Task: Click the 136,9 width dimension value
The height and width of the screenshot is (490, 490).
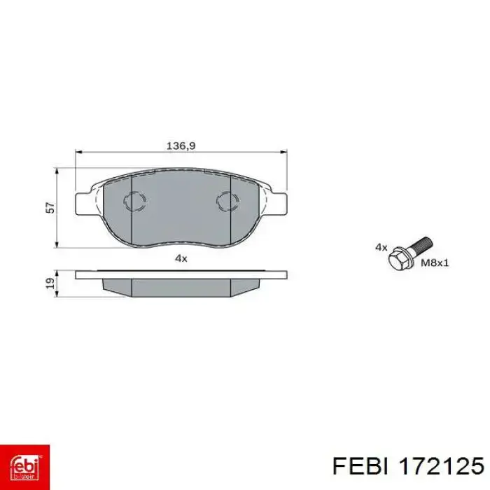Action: [181, 146]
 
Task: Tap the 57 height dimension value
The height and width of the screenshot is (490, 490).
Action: [50, 208]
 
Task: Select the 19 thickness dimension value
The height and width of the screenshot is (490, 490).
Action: [50, 283]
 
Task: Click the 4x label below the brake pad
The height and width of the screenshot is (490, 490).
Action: [181, 258]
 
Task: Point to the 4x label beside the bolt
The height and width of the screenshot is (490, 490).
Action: [381, 248]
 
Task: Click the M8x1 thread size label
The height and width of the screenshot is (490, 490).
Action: [435, 263]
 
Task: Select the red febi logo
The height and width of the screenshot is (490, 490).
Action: [24, 467]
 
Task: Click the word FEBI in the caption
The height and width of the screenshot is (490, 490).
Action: [360, 467]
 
